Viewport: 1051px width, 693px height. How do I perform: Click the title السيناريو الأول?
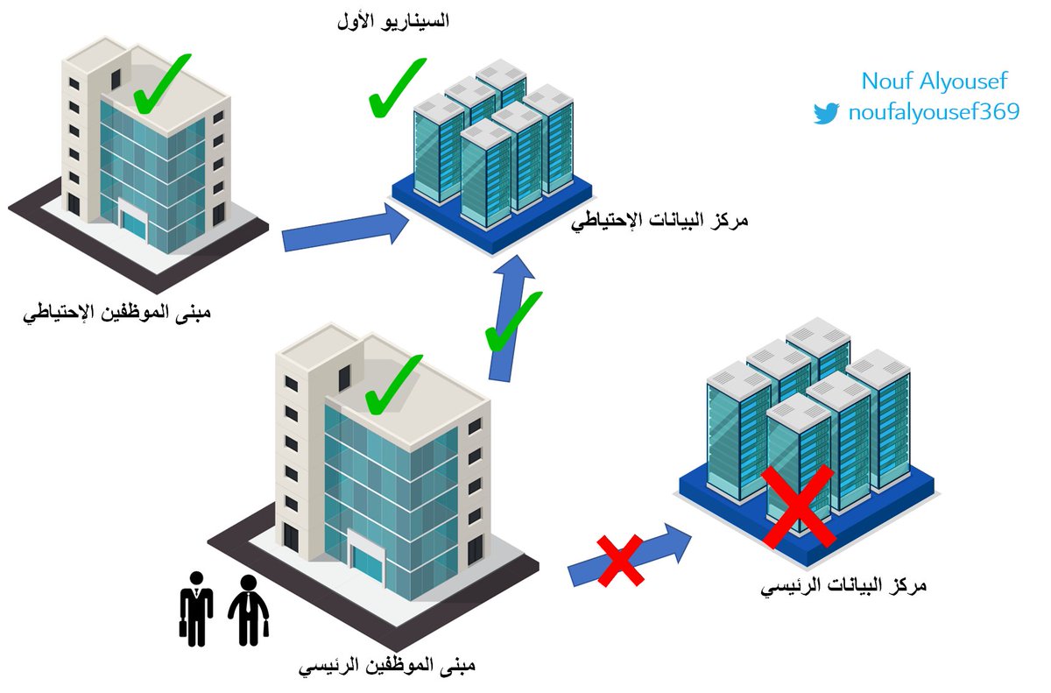[392, 22]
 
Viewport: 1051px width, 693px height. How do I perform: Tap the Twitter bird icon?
[826, 113]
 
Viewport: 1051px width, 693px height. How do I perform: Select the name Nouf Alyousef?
[934, 81]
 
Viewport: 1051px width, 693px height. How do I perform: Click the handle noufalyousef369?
[934, 113]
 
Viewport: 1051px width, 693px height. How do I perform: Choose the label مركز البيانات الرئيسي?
[843, 585]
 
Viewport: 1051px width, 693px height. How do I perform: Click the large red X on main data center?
[797, 507]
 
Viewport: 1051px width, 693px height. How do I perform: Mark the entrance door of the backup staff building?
[134, 222]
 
